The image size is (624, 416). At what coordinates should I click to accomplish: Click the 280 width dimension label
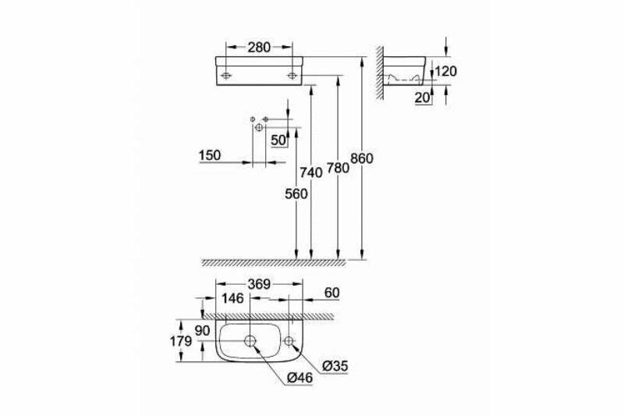coord(258,48)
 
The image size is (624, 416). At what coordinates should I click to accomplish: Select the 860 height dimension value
coord(363,158)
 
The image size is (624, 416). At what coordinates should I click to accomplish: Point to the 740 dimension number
coord(312,172)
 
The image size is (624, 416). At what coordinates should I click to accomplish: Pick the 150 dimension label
coord(210,155)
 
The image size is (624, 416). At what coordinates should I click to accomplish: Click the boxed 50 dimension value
coord(278,140)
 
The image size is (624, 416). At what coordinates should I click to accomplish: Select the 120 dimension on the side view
coord(446,72)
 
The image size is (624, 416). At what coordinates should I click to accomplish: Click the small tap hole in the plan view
coord(289,341)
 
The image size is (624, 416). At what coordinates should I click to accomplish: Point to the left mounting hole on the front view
coord(225,75)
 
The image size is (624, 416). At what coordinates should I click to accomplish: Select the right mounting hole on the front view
coord(292,75)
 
